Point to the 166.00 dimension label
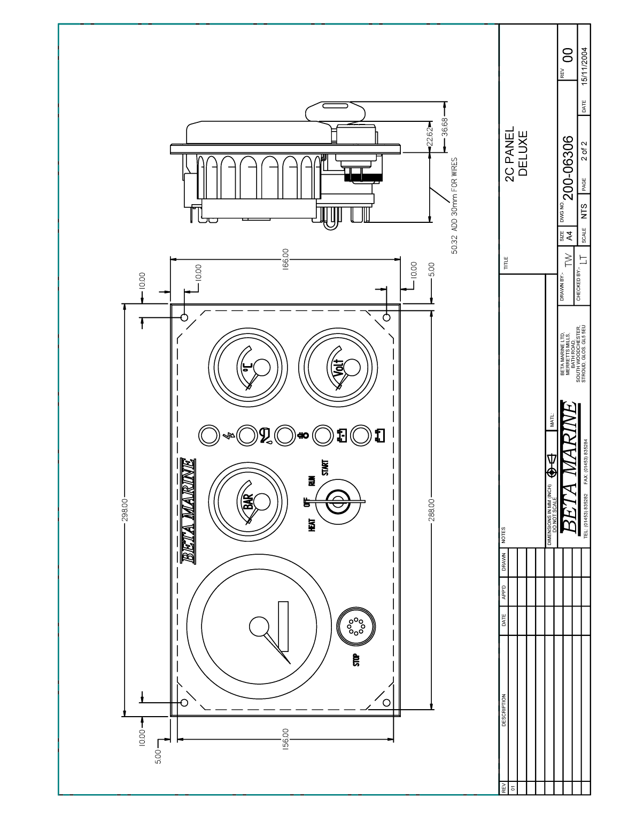[x=285, y=258]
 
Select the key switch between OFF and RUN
[x=337, y=502]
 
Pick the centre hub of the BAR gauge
[x=262, y=502]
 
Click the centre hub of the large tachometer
[x=259, y=626]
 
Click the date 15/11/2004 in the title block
[x=584, y=67]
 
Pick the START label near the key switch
[x=325, y=467]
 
